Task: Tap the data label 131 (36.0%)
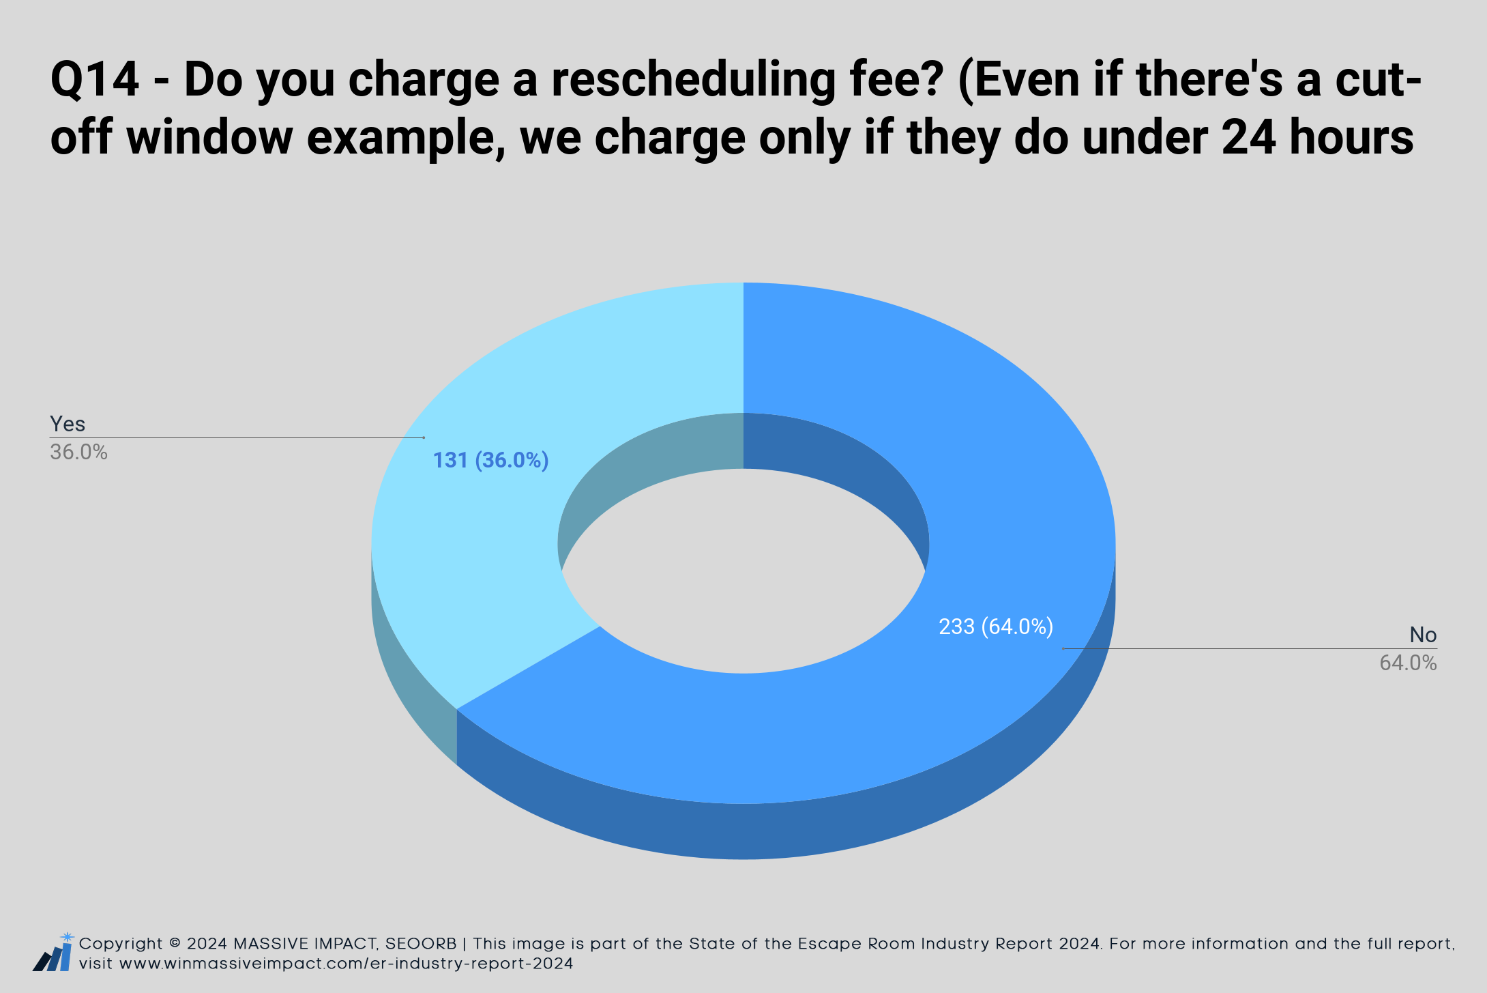[x=491, y=461]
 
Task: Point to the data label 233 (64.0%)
[x=996, y=627]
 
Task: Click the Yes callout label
[x=68, y=424]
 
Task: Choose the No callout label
[x=1423, y=635]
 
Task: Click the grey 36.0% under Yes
[x=78, y=452]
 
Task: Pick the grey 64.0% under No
[x=1408, y=663]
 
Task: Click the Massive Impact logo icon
[x=53, y=952]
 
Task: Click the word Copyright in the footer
[x=121, y=945]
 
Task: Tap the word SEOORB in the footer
[x=421, y=944]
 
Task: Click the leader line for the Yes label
[x=237, y=437]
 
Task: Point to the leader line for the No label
[x=1250, y=648]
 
